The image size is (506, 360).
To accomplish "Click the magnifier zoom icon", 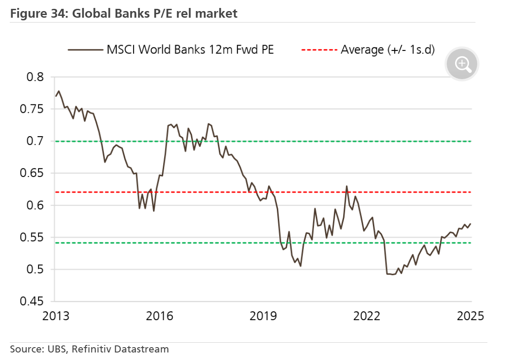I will click(463, 65).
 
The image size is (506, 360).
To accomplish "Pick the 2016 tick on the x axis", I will click(160, 317).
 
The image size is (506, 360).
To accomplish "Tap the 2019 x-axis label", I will click(264, 317).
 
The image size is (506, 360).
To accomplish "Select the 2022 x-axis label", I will click(367, 317).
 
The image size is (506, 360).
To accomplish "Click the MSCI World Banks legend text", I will click(190, 50).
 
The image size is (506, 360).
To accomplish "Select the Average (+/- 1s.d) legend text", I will click(387, 50).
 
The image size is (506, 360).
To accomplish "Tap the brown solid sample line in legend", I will click(85, 50).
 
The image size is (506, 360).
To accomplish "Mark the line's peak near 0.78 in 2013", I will click(58, 91).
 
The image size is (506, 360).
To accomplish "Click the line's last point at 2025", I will click(471, 224).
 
